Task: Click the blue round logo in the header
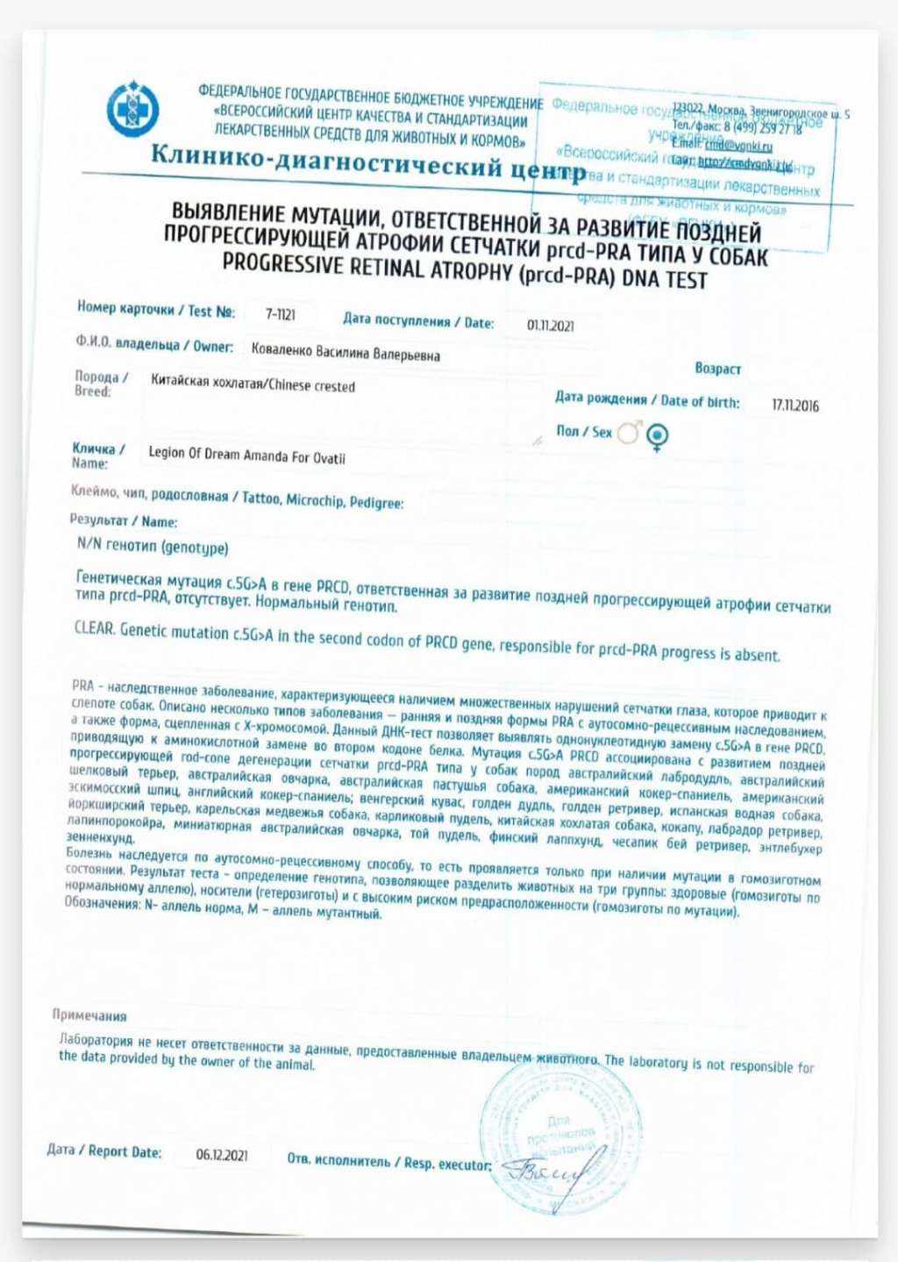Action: (132, 109)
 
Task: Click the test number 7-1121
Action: (281, 314)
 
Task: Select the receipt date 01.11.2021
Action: (551, 326)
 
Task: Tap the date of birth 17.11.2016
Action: (795, 405)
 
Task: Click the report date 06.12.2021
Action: (222, 1155)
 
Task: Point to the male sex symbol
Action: (629, 432)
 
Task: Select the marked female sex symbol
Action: (658, 436)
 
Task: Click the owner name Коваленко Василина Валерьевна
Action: (346, 353)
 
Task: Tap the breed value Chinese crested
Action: (311, 385)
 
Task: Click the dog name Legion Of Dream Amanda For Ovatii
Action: (246, 455)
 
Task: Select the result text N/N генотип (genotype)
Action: (153, 547)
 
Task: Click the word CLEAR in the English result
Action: (94, 627)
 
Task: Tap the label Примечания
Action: (89, 1015)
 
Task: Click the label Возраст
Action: (717, 369)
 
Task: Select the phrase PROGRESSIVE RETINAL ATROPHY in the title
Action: (368, 266)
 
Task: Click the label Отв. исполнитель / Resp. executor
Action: (389, 1162)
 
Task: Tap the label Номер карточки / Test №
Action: (155, 309)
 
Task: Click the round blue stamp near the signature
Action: (561, 1132)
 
